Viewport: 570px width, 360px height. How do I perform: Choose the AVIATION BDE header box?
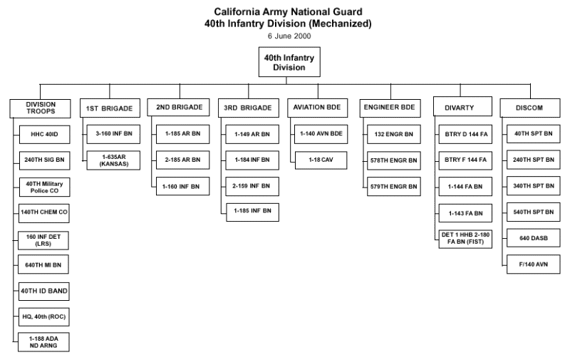[x=317, y=108]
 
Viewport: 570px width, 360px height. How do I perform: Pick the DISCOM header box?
[x=529, y=108]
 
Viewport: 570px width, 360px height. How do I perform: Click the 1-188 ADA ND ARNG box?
[x=44, y=342]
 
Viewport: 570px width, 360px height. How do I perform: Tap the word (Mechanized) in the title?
[x=338, y=24]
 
